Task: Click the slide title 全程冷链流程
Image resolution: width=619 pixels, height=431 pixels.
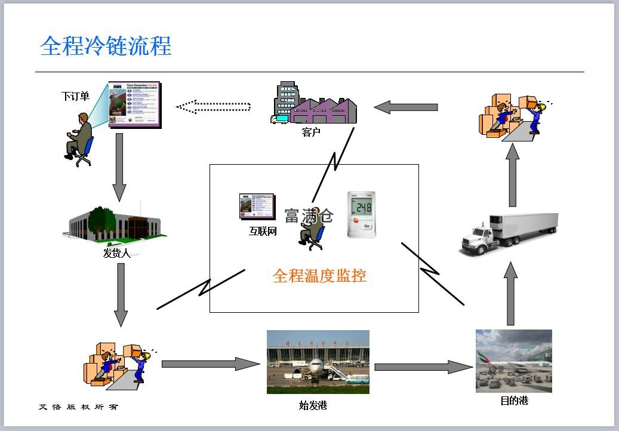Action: [106, 46]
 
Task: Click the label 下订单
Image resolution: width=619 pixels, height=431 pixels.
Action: [75, 96]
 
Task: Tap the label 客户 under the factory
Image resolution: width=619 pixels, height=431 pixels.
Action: [310, 132]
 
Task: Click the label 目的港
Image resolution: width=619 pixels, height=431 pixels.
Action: [514, 401]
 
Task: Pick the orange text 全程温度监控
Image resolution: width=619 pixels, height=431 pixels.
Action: [319, 276]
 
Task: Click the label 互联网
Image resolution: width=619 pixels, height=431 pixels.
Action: [263, 231]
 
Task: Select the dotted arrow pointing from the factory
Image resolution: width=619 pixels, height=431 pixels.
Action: [213, 107]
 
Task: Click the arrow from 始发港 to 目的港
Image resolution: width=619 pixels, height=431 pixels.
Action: [423, 367]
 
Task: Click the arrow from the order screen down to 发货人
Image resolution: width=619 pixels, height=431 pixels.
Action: [119, 167]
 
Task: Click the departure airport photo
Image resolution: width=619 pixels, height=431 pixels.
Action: [318, 362]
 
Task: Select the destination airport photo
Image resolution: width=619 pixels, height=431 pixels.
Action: [513, 361]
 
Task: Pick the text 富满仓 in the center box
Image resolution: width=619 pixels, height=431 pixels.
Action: [309, 215]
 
